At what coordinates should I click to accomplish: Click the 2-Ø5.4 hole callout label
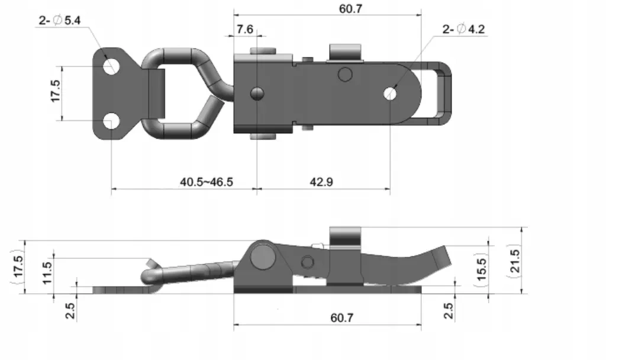[60, 20]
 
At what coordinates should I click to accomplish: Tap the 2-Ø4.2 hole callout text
[463, 29]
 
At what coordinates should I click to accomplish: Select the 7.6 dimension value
[245, 29]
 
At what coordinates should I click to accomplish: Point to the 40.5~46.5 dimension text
[207, 182]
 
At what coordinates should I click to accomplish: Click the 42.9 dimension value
[321, 182]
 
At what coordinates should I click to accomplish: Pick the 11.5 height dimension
[47, 273]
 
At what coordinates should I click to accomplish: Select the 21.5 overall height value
[515, 261]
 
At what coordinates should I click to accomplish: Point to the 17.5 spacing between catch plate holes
[56, 91]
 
